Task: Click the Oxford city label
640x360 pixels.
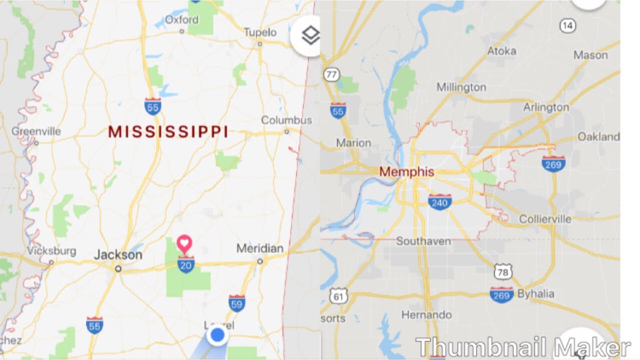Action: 181,20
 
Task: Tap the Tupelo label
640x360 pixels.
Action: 260,32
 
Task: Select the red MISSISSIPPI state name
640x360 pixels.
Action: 168,132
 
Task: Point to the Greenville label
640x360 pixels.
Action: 36,131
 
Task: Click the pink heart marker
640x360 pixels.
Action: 184,244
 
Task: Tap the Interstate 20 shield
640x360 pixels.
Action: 185,264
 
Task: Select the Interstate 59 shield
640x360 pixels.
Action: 237,303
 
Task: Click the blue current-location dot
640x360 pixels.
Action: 217,335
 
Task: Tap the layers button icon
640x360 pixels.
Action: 310,35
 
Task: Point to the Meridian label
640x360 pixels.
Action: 259,248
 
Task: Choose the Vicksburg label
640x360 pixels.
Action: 51,251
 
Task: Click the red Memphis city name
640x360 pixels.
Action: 406,172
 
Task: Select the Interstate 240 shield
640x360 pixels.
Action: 440,201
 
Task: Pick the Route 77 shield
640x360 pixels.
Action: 330,75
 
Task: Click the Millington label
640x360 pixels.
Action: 461,87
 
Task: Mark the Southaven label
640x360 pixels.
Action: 423,241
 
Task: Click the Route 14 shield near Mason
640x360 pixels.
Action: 567,26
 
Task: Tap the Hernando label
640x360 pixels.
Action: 426,315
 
